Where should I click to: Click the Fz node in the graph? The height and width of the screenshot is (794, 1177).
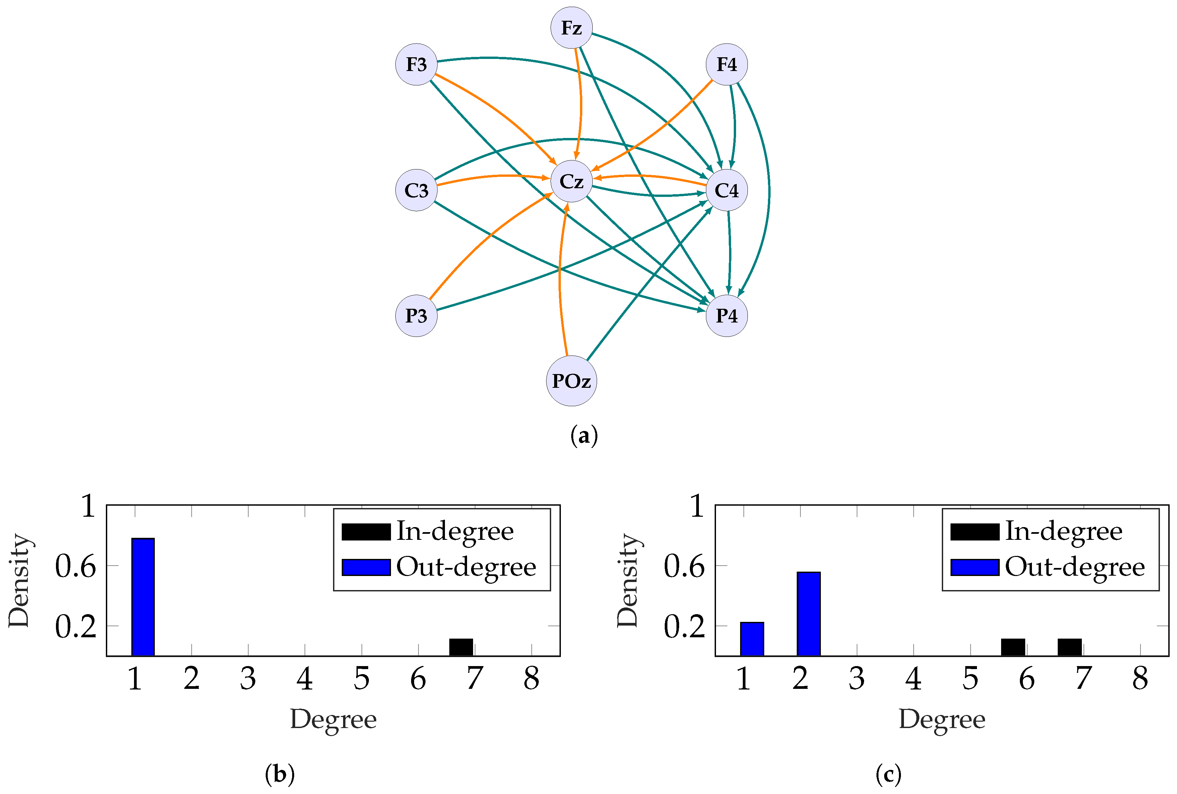click(571, 27)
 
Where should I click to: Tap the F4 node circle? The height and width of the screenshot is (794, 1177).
click(726, 64)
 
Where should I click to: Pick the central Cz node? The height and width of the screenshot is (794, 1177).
click(571, 181)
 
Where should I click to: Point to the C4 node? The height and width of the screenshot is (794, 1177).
click(726, 190)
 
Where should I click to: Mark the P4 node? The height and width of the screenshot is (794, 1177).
click(726, 316)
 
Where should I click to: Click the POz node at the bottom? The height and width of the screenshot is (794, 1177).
click(571, 380)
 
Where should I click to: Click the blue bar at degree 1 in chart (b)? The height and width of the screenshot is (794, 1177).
click(143, 597)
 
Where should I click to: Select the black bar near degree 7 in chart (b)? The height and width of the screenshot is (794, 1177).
click(461, 647)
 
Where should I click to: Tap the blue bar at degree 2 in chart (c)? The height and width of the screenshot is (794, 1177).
click(808, 614)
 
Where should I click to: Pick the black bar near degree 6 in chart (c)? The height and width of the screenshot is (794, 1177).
click(1013, 647)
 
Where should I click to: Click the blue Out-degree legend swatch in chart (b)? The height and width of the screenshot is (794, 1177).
click(366, 567)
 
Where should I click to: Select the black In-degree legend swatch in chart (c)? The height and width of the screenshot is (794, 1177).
click(974, 532)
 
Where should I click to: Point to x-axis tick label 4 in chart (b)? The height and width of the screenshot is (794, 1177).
click(304, 678)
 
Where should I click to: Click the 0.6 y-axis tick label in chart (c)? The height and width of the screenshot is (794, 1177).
click(684, 566)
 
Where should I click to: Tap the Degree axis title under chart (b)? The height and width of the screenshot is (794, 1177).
click(333, 719)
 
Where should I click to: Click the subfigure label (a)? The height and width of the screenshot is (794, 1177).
click(584, 435)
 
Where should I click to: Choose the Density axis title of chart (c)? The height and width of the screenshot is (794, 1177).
click(627, 580)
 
